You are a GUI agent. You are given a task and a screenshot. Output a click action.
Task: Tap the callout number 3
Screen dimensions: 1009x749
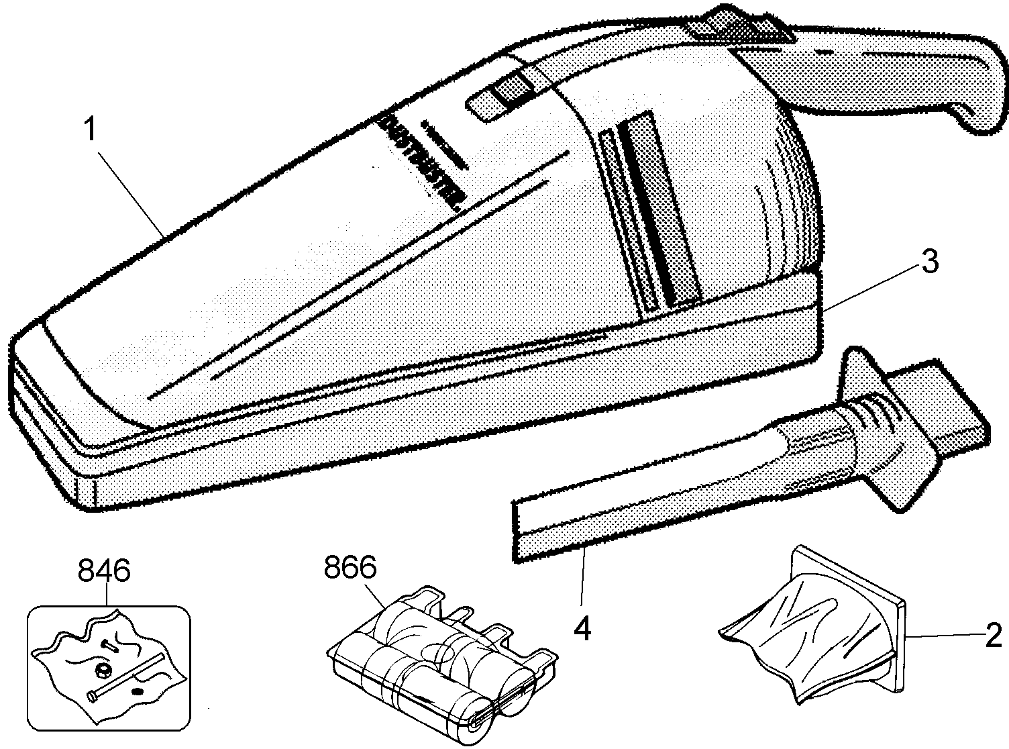pos(928,263)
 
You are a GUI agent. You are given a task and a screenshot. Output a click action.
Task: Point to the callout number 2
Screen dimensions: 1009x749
pos(992,635)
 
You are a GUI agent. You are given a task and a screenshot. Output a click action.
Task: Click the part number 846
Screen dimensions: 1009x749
pos(104,570)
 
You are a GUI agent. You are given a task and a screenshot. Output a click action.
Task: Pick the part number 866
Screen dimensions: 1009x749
pos(350,568)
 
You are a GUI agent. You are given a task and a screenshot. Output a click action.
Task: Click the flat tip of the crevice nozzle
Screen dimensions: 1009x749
pos(537,530)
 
